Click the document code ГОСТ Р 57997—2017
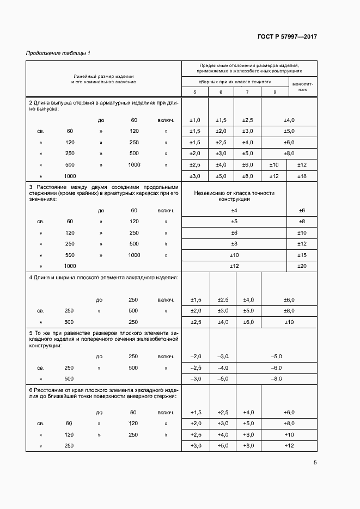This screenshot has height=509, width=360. pos(287,37)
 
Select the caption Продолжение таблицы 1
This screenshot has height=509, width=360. pos(58,53)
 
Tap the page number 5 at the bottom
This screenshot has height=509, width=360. pos(315,463)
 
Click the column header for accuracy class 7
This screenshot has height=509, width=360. pos(247,92)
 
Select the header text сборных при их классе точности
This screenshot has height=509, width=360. pos(235,81)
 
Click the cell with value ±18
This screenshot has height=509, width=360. pos(303,176)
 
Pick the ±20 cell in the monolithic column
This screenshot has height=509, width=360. pos(303,266)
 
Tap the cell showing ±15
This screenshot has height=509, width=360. pos(303,255)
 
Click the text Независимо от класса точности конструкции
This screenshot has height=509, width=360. pos(235,196)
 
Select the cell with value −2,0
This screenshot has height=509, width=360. pos(196,357)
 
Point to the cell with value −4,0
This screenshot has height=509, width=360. pos(223,367)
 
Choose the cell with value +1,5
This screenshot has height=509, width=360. pos(196,412)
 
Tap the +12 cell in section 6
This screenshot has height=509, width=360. pos(289,446)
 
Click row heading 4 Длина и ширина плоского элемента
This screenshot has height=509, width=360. pos(103,278)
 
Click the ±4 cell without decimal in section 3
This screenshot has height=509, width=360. pos(235,210)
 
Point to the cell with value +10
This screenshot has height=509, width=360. pos(289,434)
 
